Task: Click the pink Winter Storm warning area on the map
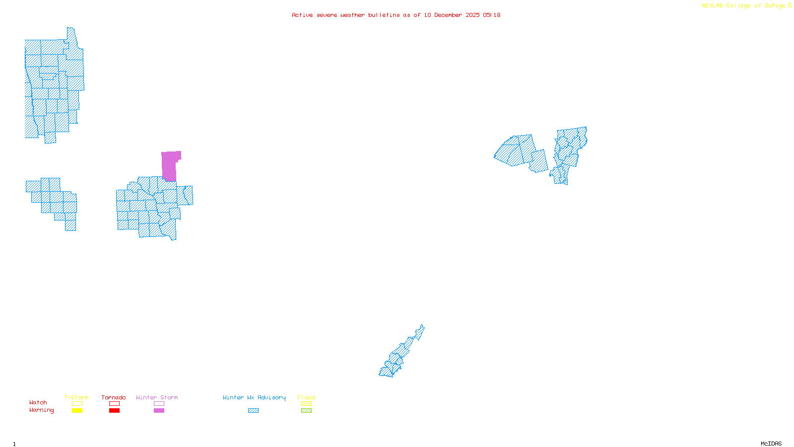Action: (169, 166)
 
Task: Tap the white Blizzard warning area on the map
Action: (419, 341)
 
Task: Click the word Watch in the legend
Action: (38, 402)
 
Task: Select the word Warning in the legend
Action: (41, 410)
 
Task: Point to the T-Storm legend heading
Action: (76, 397)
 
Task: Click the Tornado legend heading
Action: (114, 397)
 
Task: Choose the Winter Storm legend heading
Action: (157, 397)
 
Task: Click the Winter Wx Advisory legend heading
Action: (254, 397)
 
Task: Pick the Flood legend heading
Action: (306, 397)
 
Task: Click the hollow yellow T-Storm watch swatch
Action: (77, 404)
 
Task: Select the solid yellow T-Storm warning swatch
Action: (77, 411)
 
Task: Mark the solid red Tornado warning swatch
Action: (114, 411)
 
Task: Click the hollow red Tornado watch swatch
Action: (114, 404)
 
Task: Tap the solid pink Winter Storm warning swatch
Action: (159, 411)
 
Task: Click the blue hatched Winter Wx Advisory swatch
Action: (253, 411)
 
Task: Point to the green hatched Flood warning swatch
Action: (306, 411)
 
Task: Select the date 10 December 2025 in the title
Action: (452, 15)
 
